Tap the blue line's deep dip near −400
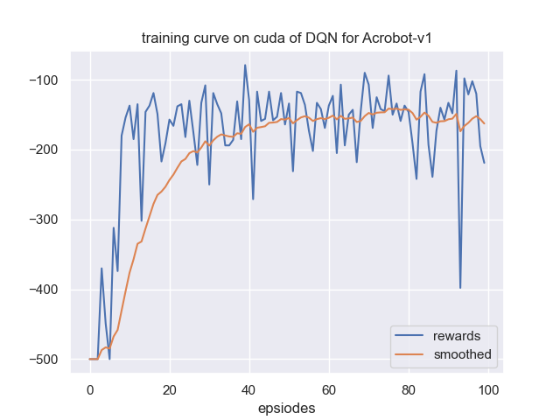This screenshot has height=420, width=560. [460, 287]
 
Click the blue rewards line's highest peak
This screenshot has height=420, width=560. [245, 65]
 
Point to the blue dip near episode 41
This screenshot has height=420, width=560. [253, 199]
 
